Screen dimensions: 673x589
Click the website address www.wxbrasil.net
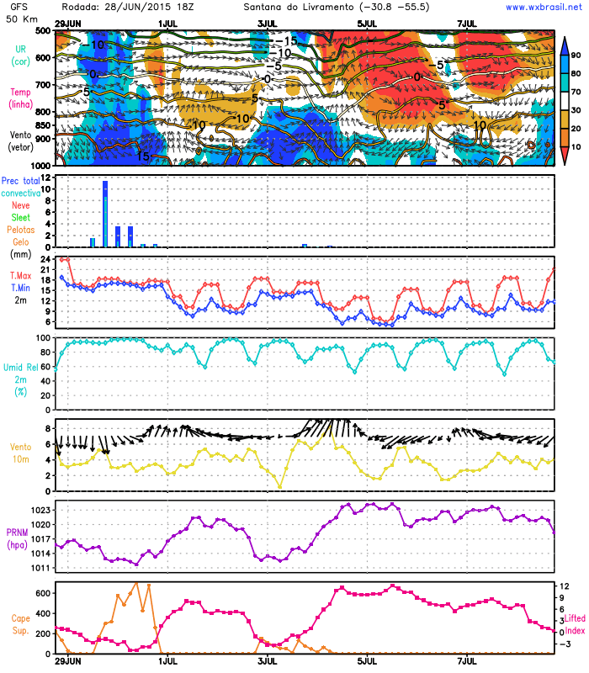point(544,7)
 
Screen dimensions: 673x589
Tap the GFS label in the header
point(16,7)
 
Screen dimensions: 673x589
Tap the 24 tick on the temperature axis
point(46,260)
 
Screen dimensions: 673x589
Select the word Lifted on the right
point(576,618)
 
